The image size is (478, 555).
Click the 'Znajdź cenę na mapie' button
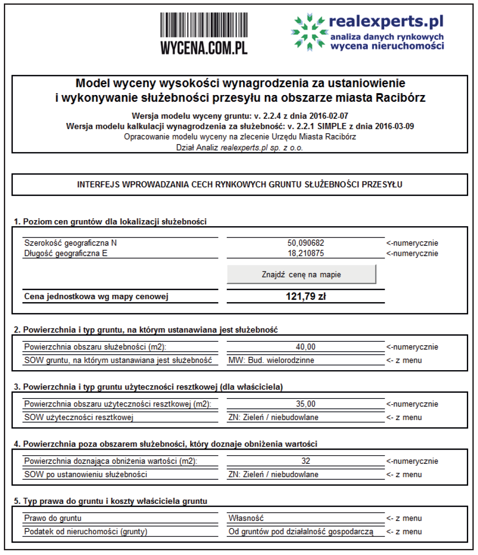tap(301, 274)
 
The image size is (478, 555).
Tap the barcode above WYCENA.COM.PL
tap(204, 25)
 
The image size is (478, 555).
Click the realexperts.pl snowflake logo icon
tap(308, 32)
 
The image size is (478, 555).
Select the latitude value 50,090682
tap(305, 243)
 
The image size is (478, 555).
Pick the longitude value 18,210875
tap(305, 253)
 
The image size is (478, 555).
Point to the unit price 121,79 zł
tap(305, 296)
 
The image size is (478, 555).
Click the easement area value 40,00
tap(305, 347)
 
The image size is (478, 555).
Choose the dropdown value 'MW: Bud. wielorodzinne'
tap(271, 360)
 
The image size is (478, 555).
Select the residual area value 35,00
tap(305, 404)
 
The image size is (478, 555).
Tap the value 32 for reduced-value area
tap(305, 461)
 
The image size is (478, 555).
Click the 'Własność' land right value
tap(246, 518)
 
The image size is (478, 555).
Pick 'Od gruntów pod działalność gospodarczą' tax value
tap(301, 531)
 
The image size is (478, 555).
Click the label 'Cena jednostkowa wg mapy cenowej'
tap(96, 296)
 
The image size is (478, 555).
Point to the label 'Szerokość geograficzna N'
tap(70, 243)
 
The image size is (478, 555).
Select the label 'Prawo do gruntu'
tap(52, 518)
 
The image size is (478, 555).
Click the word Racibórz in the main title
tap(401, 98)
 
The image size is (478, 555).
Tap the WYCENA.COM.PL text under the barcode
tap(204, 48)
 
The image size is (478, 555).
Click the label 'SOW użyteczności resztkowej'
tap(79, 417)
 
